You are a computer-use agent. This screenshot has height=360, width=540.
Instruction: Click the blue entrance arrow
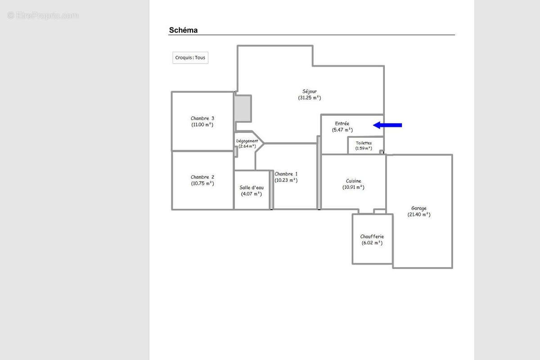pos(387,125)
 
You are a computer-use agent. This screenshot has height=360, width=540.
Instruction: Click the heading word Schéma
pos(183,30)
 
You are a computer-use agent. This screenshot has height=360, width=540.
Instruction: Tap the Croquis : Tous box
pos(190,58)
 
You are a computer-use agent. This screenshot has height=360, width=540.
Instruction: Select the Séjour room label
pos(310,91)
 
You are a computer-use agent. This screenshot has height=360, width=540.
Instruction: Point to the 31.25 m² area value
pos(310,98)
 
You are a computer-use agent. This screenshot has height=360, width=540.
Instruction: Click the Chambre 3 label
pos(202,118)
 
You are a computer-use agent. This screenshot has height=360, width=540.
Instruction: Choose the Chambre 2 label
pos(202,177)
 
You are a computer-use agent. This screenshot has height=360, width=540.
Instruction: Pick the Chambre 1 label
pos(286,174)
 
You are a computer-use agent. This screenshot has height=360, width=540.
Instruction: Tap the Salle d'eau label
pos(252,188)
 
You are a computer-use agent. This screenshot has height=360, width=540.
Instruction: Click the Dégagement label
pos(247,141)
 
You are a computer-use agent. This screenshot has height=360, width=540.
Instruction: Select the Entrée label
pos(342,123)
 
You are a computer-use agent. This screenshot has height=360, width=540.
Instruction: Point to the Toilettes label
pos(364,143)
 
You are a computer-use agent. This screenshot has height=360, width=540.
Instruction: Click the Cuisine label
pos(353,181)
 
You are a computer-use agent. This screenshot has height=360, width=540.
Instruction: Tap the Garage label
pos(419,208)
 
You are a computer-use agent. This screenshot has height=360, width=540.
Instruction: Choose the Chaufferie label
pos(372,237)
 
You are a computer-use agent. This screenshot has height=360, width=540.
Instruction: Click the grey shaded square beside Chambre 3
pos(243,108)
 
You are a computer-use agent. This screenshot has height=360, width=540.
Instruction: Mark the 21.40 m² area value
pos(419,214)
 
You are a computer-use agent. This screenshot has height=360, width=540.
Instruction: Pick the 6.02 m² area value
pos(372,243)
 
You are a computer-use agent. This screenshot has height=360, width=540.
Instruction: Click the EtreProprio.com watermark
pos(43,16)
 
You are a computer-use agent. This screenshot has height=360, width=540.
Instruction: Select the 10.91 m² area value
pos(353,187)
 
